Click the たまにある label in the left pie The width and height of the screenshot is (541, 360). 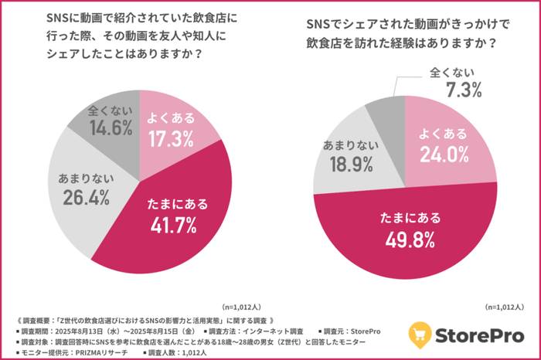[178, 204]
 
